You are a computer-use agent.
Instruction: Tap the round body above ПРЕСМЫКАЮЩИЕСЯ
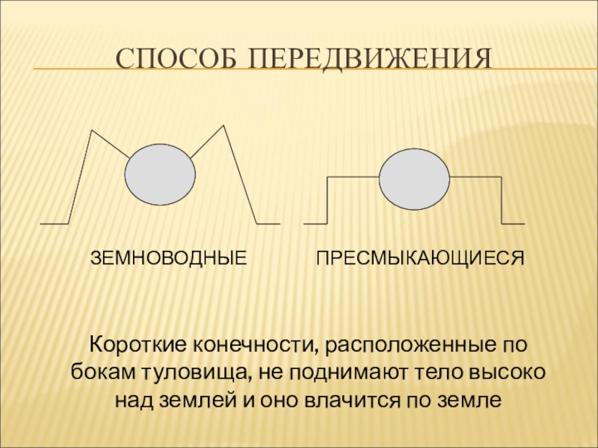415,179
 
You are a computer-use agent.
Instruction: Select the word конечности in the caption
253,346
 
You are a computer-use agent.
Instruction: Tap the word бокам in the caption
97,373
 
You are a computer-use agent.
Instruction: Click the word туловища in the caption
180,373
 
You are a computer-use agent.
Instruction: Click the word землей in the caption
200,399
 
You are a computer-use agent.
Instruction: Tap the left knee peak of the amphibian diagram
91,131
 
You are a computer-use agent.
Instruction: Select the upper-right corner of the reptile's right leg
501,177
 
